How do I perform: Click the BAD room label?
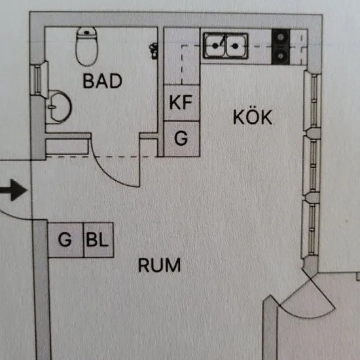pyautogui.click(x=102, y=81)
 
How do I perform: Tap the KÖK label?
pyautogui.click(x=253, y=117)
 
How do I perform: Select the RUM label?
pyautogui.click(x=159, y=265)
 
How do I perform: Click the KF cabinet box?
pyautogui.click(x=181, y=103)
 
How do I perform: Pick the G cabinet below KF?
pyautogui.click(x=181, y=139)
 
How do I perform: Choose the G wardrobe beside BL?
pyautogui.click(x=65, y=240)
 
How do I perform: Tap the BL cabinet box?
pyautogui.click(x=98, y=240)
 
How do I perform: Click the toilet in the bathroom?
pyautogui.click(x=86, y=46)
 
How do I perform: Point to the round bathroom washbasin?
pyautogui.click(x=59, y=107)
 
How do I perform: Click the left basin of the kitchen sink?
pyautogui.click(x=215, y=46)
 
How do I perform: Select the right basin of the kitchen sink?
pyautogui.click(x=236, y=46)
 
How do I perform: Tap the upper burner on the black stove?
pyautogui.click(x=280, y=37)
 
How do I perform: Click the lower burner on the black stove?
pyautogui.click(x=280, y=56)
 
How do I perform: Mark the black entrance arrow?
pyautogui.click(x=13, y=190)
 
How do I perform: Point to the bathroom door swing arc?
pyautogui.click(x=108, y=171)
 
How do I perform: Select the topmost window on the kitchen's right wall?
pyautogui.click(x=313, y=100)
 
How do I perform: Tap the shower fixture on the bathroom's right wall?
pyautogui.click(x=153, y=51)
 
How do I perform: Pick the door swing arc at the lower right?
pyautogui.click(x=308, y=314)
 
